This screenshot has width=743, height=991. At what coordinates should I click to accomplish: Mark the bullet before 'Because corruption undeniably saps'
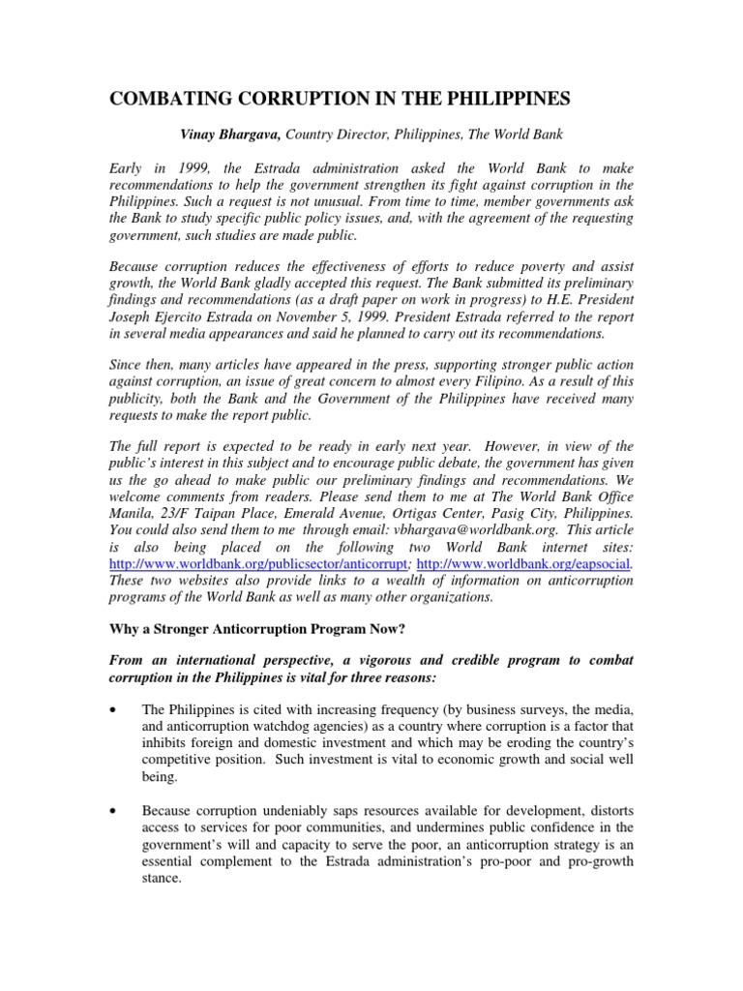coord(115,807)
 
